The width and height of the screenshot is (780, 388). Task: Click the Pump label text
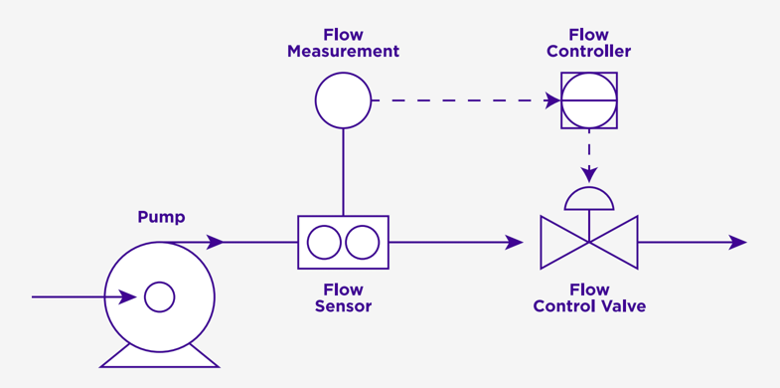point(161,217)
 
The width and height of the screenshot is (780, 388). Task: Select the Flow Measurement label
point(343,43)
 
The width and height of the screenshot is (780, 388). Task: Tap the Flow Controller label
point(589,43)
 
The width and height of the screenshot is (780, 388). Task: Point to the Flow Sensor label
point(343,297)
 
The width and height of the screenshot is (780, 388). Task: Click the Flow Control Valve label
point(589,297)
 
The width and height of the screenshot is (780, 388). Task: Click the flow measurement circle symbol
point(343,100)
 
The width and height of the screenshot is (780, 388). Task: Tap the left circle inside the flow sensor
point(324,242)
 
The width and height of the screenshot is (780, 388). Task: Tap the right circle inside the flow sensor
point(362,242)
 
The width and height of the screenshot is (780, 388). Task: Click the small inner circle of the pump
point(159,296)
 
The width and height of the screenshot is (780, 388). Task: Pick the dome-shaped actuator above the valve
point(589,200)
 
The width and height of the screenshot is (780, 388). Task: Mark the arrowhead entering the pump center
point(128,296)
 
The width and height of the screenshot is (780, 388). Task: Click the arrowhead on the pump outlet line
point(215,242)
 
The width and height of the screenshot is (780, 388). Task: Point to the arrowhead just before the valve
point(514,242)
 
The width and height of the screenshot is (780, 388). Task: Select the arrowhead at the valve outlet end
point(737,242)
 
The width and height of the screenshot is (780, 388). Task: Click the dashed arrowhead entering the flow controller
point(551,100)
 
